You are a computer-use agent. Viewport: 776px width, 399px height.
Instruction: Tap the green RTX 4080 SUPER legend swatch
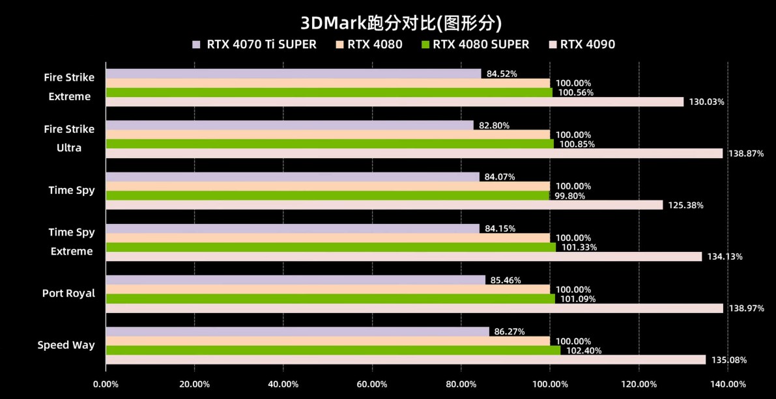click(x=425, y=44)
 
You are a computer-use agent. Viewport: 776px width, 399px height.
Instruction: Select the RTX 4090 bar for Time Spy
click(x=384, y=205)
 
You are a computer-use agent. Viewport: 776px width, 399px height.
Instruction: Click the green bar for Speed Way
click(x=332, y=350)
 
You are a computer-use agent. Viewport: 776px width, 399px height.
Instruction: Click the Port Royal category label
click(x=68, y=294)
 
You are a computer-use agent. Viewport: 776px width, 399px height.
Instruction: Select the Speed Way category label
click(x=66, y=345)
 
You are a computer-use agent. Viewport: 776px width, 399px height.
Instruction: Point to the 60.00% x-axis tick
click(x=372, y=385)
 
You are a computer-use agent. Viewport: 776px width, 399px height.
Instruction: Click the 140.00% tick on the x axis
click(x=728, y=385)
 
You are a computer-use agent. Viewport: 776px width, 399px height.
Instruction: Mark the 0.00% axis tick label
click(x=106, y=385)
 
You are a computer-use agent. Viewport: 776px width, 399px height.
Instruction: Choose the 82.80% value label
click(x=494, y=126)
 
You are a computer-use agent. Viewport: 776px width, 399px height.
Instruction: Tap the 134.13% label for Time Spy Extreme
click(x=725, y=256)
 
